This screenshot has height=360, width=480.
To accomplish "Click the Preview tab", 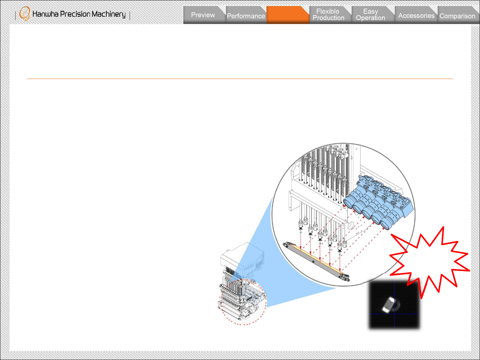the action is click(x=203, y=15).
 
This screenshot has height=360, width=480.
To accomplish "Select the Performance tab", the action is click(x=246, y=16).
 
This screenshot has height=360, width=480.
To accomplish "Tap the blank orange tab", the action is click(x=288, y=15).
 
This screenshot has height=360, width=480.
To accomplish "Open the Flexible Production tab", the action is click(x=328, y=15).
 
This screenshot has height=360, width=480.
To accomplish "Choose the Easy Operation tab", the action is click(x=371, y=15).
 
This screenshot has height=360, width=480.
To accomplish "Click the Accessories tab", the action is click(x=416, y=16).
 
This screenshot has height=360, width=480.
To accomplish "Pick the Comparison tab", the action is click(x=457, y=16).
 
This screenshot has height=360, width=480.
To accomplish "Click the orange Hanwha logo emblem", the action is click(x=25, y=14).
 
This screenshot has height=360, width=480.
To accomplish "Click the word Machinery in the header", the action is click(x=109, y=14).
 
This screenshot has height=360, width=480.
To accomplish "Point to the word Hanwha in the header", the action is click(x=45, y=14).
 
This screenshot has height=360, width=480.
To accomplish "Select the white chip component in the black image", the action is click(x=388, y=304).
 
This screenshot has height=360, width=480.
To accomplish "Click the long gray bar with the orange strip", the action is click(x=316, y=261).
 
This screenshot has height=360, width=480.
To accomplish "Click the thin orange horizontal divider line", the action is click(x=240, y=79).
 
